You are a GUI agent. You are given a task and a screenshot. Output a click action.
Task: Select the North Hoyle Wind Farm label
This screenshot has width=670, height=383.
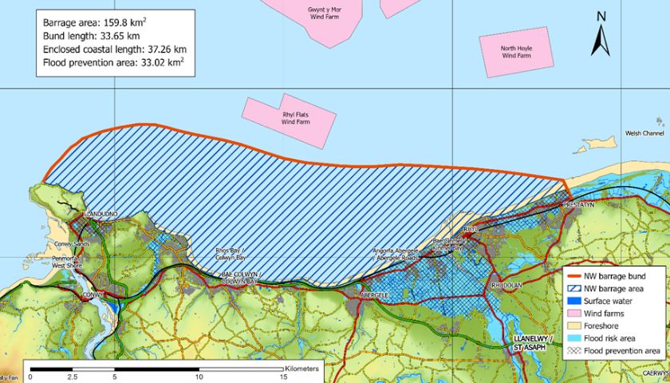515,52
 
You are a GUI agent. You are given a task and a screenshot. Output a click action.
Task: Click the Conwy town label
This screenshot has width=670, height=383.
94,294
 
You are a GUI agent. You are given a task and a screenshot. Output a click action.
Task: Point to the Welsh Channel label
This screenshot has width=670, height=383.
644,133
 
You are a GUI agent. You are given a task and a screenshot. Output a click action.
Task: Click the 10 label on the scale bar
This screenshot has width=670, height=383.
199,377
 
